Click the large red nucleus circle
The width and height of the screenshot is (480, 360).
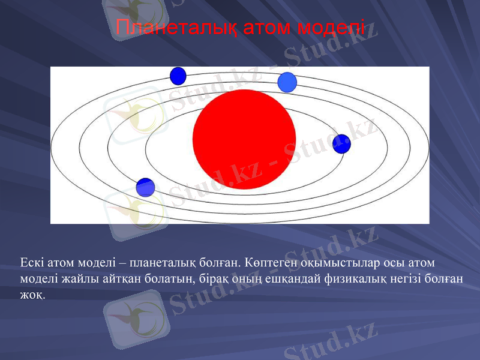click(244, 139)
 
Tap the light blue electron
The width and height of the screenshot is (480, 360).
click(287, 82)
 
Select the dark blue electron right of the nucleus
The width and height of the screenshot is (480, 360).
click(341, 144)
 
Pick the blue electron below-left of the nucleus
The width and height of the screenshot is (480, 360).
click(146, 187)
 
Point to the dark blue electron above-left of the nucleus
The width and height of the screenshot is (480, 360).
click(178, 76)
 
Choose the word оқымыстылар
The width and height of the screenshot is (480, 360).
click(332, 263)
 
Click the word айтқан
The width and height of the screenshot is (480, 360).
click(112, 278)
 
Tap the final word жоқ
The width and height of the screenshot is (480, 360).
click(31, 294)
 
